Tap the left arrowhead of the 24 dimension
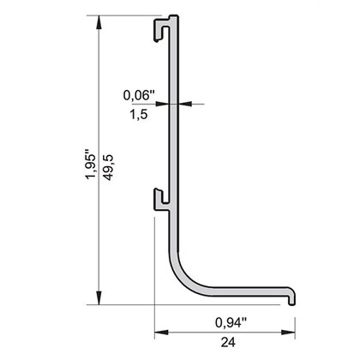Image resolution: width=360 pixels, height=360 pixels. coord(159,333)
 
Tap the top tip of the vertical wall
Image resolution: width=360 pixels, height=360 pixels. coord(175,17)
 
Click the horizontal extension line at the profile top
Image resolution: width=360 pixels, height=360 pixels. coord(129,15)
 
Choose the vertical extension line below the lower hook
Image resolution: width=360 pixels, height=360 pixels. coord(154,274)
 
